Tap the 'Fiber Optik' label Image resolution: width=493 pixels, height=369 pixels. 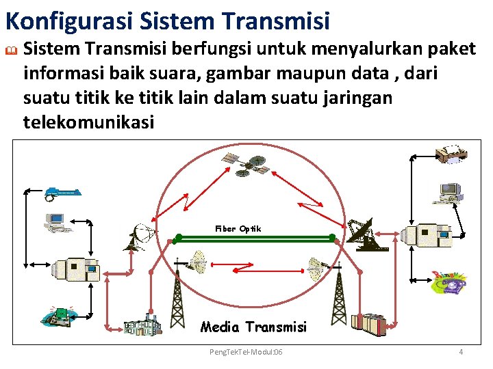238,229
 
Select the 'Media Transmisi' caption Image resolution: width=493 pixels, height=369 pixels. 253,327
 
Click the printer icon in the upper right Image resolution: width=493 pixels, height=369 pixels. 453,154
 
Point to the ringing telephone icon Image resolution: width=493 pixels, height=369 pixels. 449,282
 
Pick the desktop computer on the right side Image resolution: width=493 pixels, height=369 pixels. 451,192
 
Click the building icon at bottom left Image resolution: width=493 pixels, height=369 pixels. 142,324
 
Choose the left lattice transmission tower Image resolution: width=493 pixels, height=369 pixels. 177,294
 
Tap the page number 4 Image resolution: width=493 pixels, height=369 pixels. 461,351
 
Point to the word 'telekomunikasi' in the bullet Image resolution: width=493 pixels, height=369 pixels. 89,122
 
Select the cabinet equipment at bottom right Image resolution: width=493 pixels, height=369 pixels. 377,325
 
